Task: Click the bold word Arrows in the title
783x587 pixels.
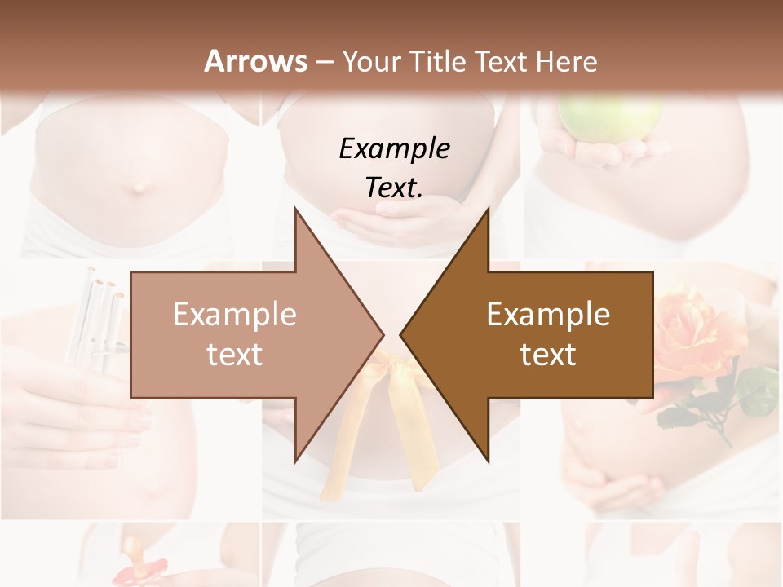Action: click(256, 62)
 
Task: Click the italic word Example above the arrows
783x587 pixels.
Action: click(394, 148)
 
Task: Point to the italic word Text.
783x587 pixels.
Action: click(394, 188)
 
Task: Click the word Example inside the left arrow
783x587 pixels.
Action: click(234, 315)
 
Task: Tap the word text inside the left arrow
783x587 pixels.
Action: click(234, 355)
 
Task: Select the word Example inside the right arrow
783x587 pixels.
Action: click(548, 315)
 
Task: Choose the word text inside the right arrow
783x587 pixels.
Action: click(548, 355)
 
